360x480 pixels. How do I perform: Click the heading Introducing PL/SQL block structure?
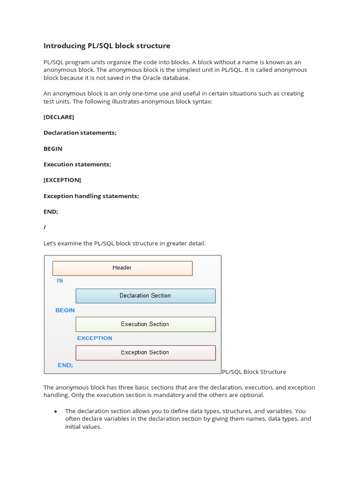[x=107, y=46]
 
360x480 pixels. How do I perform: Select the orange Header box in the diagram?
[x=122, y=268]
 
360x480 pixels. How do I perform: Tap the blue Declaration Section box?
[x=145, y=296]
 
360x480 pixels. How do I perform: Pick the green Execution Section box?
[x=145, y=324]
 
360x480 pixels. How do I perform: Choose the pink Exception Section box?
[x=145, y=352]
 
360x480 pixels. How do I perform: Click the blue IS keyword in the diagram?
[x=60, y=281]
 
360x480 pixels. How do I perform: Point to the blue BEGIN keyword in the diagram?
[x=65, y=310]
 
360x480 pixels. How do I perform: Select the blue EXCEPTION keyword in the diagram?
[x=95, y=338]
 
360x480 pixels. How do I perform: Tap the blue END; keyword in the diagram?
[x=65, y=365]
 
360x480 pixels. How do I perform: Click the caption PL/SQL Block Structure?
[x=254, y=372]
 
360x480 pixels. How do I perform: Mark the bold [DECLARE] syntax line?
[x=59, y=117]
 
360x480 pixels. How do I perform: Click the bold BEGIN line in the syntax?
[x=53, y=149]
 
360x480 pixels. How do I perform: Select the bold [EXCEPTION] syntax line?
[x=62, y=180]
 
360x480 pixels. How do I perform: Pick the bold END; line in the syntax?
[x=51, y=211]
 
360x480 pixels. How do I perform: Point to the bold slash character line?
[x=45, y=227]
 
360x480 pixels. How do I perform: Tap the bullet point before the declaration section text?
[x=55, y=412]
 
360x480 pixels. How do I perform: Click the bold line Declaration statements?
[x=80, y=133]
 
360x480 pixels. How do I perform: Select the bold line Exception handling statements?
[x=91, y=196]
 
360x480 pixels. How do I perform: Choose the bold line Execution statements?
[x=77, y=165]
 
